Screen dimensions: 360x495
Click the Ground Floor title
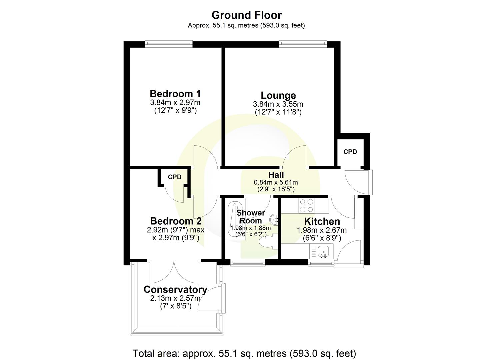[x=246, y=15]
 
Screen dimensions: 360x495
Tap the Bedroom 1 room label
[x=175, y=94]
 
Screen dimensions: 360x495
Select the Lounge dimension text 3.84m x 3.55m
[x=278, y=104]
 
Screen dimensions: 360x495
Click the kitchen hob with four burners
[x=306, y=205]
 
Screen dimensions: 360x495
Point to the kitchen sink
[x=323, y=251]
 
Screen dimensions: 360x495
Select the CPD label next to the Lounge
[x=350, y=152]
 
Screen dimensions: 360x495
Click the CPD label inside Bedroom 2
[x=175, y=177]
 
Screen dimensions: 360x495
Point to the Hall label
[x=276, y=175]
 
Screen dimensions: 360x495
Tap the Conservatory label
[x=175, y=289]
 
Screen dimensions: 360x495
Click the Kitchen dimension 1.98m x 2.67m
[x=322, y=230]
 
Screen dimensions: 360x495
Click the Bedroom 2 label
[x=176, y=221]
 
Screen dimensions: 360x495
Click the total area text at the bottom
[x=244, y=353]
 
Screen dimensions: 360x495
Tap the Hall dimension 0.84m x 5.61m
[x=276, y=182]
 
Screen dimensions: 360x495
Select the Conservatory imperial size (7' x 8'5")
[x=176, y=306]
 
